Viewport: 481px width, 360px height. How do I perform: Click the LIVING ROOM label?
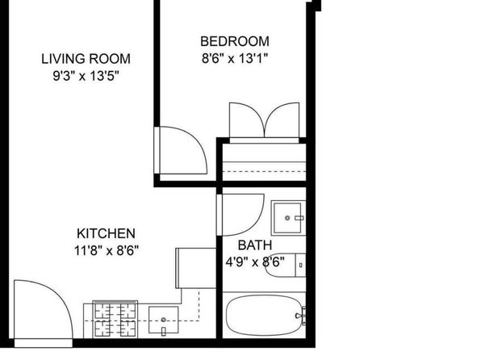point(86,59)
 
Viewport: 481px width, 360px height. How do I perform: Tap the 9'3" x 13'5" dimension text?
point(86,76)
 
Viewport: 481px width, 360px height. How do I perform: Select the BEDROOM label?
point(235,41)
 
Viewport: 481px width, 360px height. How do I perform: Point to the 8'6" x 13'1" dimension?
point(235,58)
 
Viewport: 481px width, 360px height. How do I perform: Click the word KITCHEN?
point(106,233)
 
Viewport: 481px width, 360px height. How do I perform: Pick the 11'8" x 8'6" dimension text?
point(107,251)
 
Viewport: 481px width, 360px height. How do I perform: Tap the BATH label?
point(255,245)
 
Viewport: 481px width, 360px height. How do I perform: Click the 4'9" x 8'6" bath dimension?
point(255,262)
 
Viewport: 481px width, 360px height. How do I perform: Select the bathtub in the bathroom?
point(264,315)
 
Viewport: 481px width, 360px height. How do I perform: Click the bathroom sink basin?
point(287,218)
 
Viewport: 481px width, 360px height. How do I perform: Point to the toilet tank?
point(300,266)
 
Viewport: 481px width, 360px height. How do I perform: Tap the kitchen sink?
point(164,320)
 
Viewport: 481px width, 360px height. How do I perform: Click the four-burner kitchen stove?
point(115,319)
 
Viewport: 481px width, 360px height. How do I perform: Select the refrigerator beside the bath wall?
point(196,268)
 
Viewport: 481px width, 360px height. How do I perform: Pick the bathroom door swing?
point(240,215)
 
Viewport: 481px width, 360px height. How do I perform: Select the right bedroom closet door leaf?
point(282,120)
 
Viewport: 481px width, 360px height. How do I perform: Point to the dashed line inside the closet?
point(264,171)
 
